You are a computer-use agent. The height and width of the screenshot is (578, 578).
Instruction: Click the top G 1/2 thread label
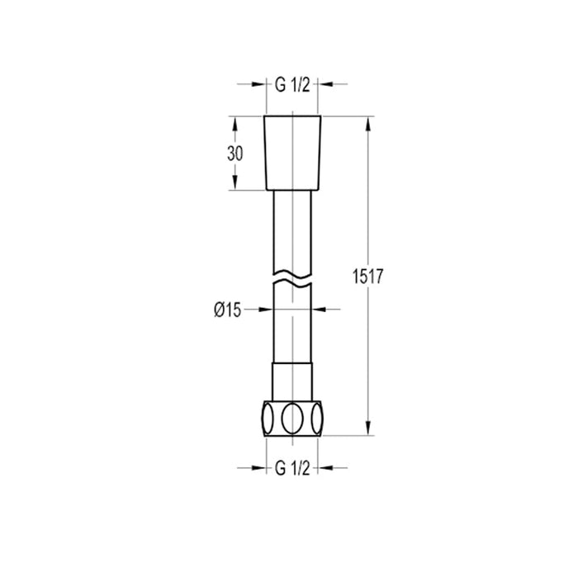(x=292, y=86)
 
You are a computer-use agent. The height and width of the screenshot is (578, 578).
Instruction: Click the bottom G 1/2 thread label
(x=292, y=469)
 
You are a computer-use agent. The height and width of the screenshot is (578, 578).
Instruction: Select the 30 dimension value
(x=235, y=154)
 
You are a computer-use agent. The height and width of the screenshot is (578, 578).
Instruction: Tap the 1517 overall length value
(x=368, y=277)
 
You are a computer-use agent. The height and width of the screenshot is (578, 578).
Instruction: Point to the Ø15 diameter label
(x=227, y=310)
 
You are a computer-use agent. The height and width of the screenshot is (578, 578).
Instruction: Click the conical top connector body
(x=292, y=153)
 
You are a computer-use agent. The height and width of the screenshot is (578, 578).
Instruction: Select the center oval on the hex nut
(x=292, y=419)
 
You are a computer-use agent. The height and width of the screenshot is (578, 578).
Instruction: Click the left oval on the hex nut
(x=268, y=419)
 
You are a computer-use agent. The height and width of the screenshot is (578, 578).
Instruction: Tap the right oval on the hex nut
(x=317, y=419)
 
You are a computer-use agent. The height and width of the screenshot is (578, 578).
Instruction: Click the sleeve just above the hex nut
(x=292, y=381)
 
